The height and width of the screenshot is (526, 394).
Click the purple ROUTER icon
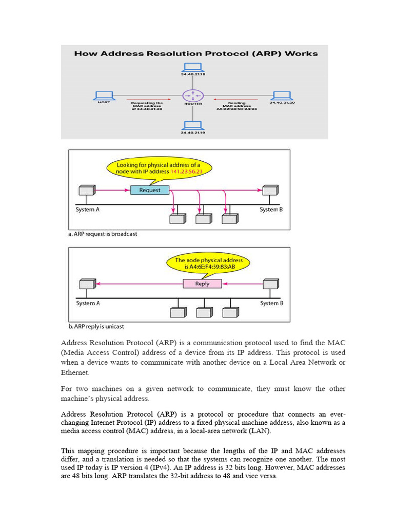[x=193, y=95]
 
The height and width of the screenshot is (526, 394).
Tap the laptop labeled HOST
[x=104, y=95]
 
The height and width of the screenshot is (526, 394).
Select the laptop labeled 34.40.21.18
[x=193, y=67]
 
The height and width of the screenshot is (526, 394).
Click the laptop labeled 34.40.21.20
[x=281, y=95]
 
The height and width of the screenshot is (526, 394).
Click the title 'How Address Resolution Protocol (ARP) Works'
[x=196, y=53]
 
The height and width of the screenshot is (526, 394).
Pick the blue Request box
[x=149, y=190]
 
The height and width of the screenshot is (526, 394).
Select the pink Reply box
[x=203, y=284]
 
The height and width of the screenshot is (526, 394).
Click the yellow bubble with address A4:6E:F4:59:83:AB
[x=208, y=264]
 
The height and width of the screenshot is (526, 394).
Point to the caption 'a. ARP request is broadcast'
[x=103, y=234]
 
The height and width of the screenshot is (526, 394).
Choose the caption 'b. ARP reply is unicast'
[x=96, y=326]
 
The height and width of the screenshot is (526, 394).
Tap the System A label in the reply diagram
[x=88, y=303]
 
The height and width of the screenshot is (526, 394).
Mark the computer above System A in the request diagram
[x=87, y=191]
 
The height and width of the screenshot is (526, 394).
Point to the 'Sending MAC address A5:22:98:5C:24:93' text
[x=235, y=106]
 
